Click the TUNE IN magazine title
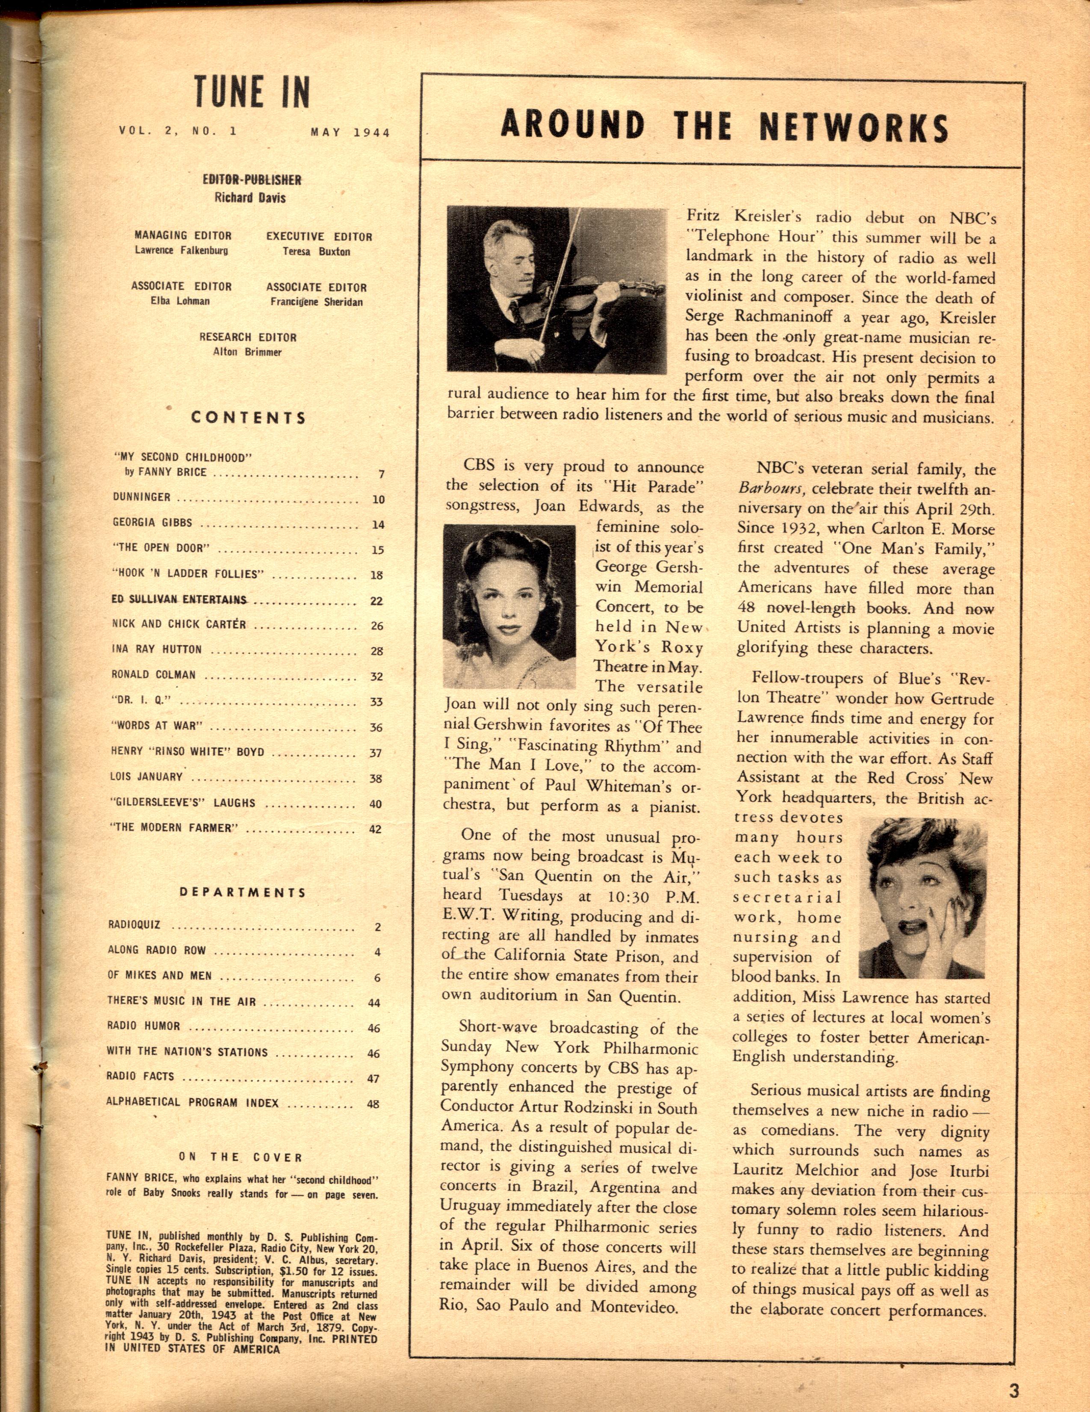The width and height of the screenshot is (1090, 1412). tap(252, 92)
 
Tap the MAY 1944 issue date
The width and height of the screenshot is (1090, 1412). tap(350, 133)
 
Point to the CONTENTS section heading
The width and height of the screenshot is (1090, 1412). tap(248, 418)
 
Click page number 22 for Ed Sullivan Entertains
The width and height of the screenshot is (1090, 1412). tap(376, 601)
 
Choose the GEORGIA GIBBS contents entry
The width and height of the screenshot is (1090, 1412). tap(153, 522)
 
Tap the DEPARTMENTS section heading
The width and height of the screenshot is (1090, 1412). tap(243, 892)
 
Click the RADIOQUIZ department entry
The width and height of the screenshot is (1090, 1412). tap(134, 925)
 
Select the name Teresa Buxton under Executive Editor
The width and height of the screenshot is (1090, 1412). tap(316, 252)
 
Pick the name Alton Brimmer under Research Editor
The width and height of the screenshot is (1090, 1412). tap(248, 352)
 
